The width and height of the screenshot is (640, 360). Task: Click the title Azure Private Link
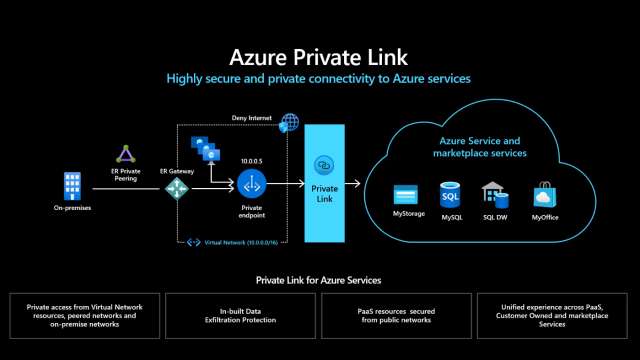[320, 55]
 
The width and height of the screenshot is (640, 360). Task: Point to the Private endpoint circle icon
[251, 184]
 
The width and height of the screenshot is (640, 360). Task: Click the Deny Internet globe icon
[290, 123]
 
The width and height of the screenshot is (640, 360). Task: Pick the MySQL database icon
[451, 193]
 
